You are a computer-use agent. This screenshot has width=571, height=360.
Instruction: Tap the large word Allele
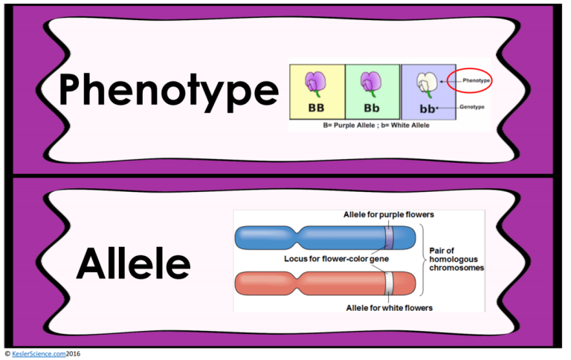click(x=133, y=263)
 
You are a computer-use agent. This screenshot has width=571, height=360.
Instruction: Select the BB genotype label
click(x=317, y=107)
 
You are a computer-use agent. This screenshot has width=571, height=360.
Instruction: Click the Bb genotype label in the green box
click(x=372, y=107)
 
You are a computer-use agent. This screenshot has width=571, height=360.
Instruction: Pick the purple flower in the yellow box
click(x=316, y=83)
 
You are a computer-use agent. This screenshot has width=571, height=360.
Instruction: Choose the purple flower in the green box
click(x=372, y=83)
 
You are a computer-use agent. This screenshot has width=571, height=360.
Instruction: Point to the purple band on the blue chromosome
click(x=389, y=238)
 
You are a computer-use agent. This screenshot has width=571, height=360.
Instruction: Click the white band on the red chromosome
click(x=388, y=283)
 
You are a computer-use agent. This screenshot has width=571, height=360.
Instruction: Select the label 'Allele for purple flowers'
click(x=388, y=215)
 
